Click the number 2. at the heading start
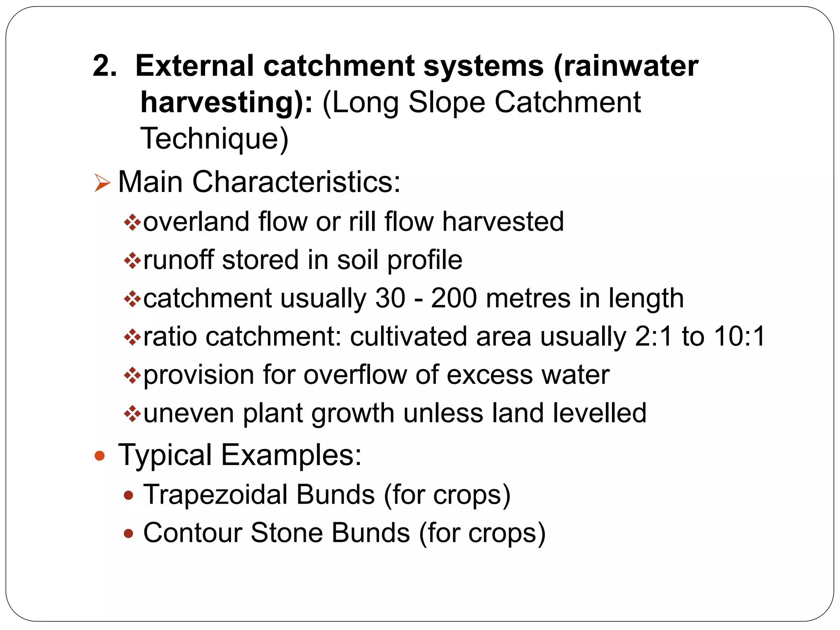point(105,66)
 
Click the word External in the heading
point(194,66)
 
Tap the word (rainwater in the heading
point(626,66)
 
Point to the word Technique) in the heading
point(215,139)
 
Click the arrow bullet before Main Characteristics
point(102,183)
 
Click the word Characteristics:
point(296,181)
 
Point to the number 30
point(390,298)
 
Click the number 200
point(454,298)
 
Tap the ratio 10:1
point(740,336)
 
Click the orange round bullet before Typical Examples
point(100,456)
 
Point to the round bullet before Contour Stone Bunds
point(129,533)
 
